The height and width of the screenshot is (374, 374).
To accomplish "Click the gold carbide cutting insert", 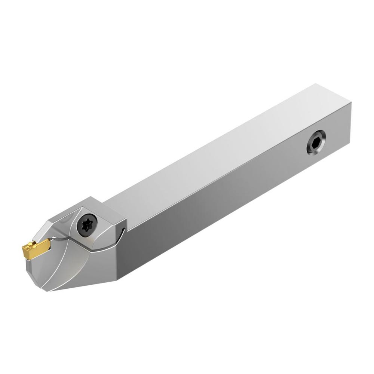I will tap(36, 247).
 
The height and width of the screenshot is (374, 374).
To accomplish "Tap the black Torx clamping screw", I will tap(87, 224).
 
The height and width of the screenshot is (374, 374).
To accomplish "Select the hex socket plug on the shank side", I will tap(316, 142).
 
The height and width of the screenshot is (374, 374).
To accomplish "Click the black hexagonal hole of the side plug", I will tap(316, 142).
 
